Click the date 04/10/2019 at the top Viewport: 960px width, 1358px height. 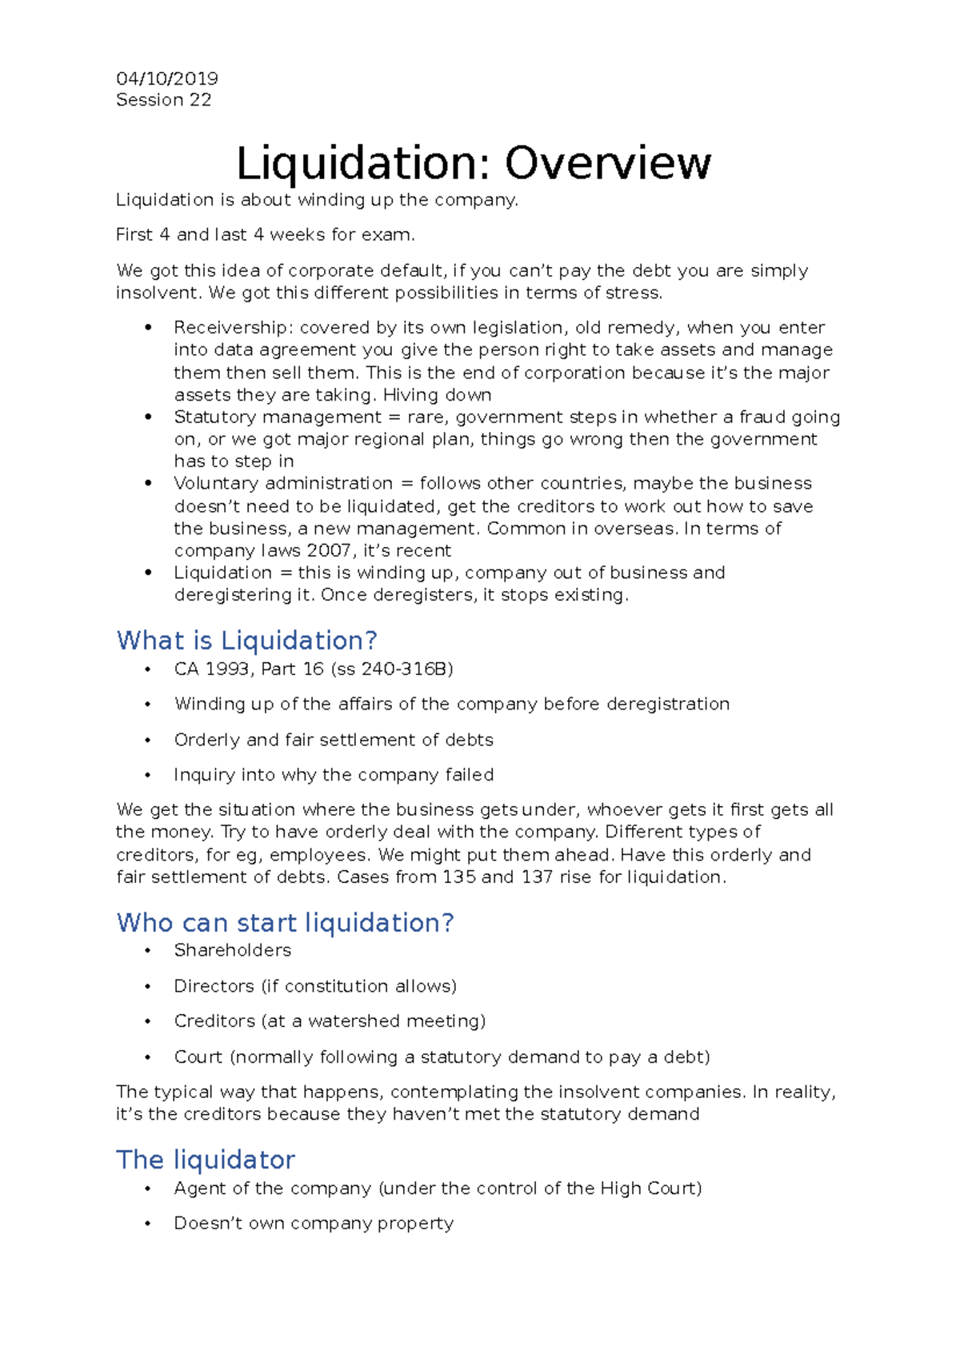166,78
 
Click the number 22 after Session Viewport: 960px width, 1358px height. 200,100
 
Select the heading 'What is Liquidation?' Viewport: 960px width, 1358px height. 246,641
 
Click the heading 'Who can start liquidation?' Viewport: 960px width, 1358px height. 285,923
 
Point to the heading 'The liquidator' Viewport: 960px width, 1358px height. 206,1160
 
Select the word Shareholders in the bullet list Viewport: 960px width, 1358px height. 232,950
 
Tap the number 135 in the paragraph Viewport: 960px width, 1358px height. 458,877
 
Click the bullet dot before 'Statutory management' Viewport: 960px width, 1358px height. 148,417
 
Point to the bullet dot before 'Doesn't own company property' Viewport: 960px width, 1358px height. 148,1224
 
